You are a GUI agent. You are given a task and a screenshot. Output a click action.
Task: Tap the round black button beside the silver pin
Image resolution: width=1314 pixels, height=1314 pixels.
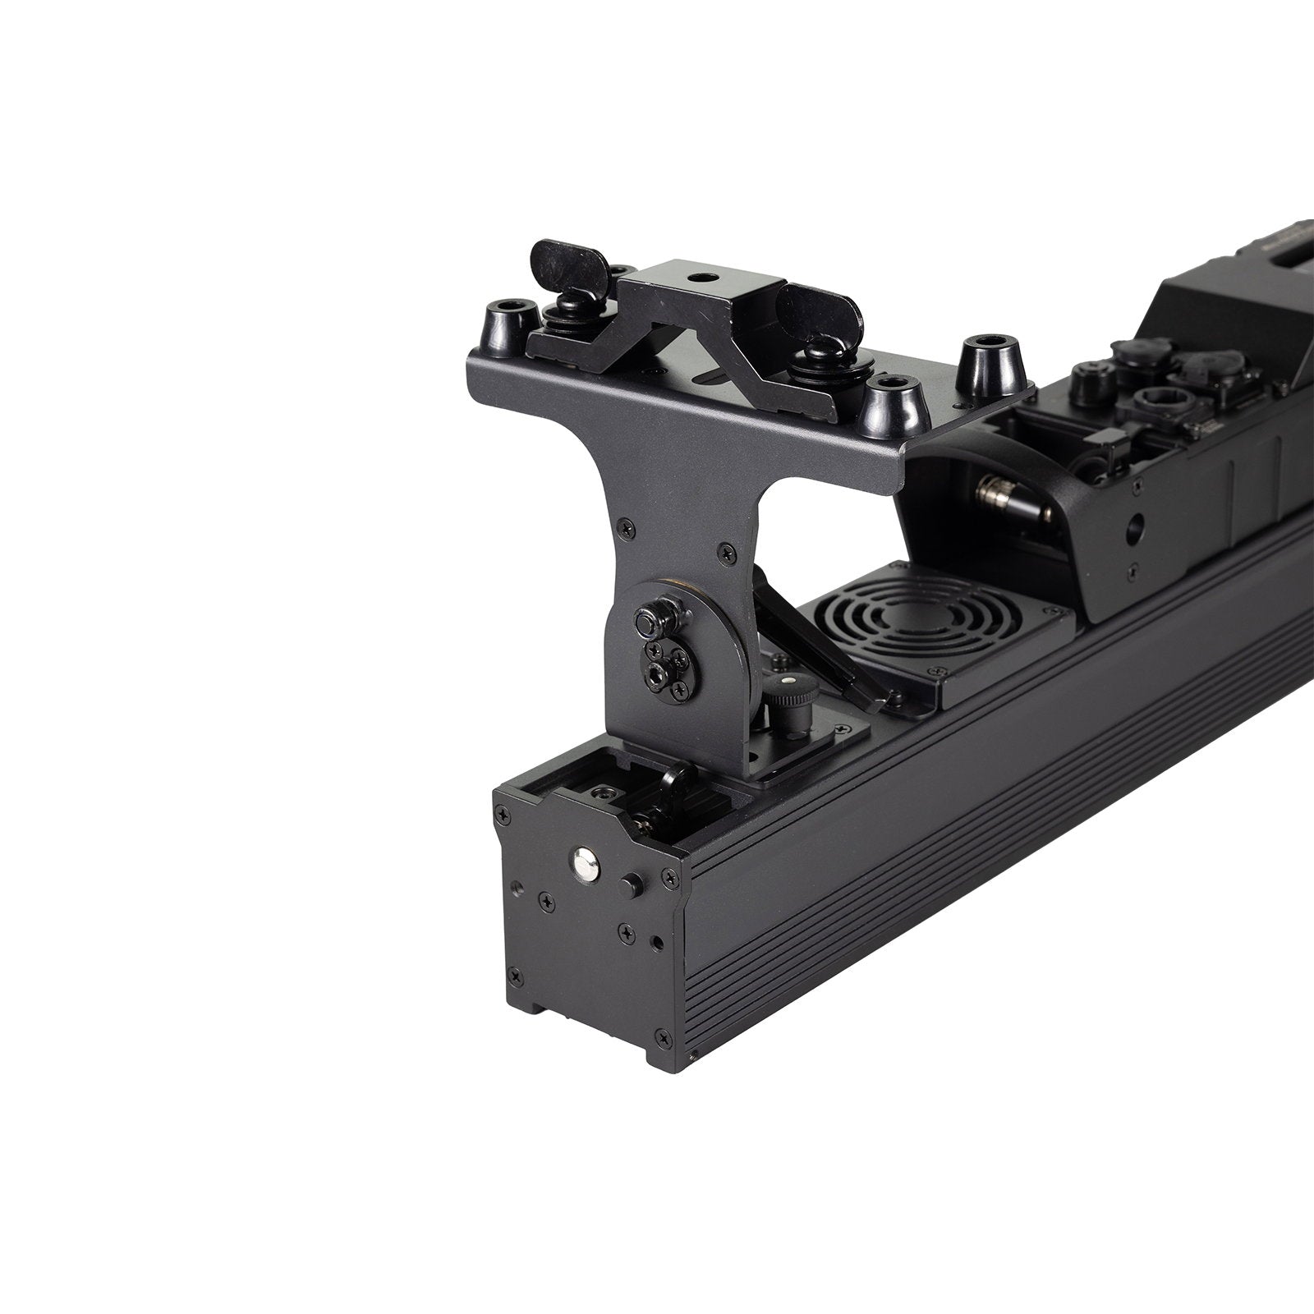(x=631, y=886)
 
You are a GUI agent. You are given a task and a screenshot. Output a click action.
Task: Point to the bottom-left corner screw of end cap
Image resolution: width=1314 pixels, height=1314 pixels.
(x=514, y=976)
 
